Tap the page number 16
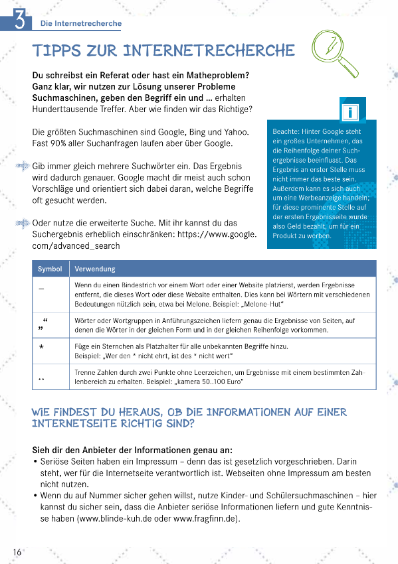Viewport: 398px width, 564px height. [x=17, y=552]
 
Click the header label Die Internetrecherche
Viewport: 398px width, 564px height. [x=81, y=24]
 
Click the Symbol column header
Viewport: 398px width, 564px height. [x=50, y=269]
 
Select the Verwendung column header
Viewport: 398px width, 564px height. [x=94, y=269]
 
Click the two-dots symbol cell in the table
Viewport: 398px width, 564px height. [x=41, y=378]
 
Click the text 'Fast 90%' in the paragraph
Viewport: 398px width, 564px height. [x=50, y=143]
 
